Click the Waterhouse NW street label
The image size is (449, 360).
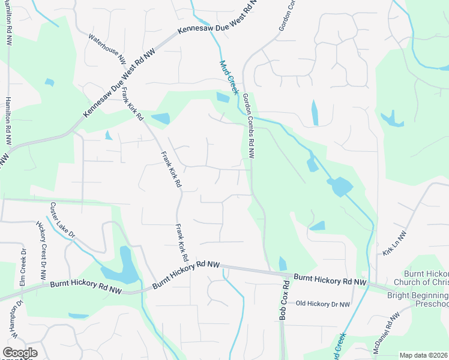[107, 49]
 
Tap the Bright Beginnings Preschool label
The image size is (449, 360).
[418, 300]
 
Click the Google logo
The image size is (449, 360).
[20, 353]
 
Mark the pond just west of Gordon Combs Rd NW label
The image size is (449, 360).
[222, 98]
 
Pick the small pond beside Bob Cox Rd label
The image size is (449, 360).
[283, 264]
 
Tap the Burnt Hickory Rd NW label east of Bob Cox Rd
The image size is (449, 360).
[330, 280]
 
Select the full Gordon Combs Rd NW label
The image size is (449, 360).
[249, 126]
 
